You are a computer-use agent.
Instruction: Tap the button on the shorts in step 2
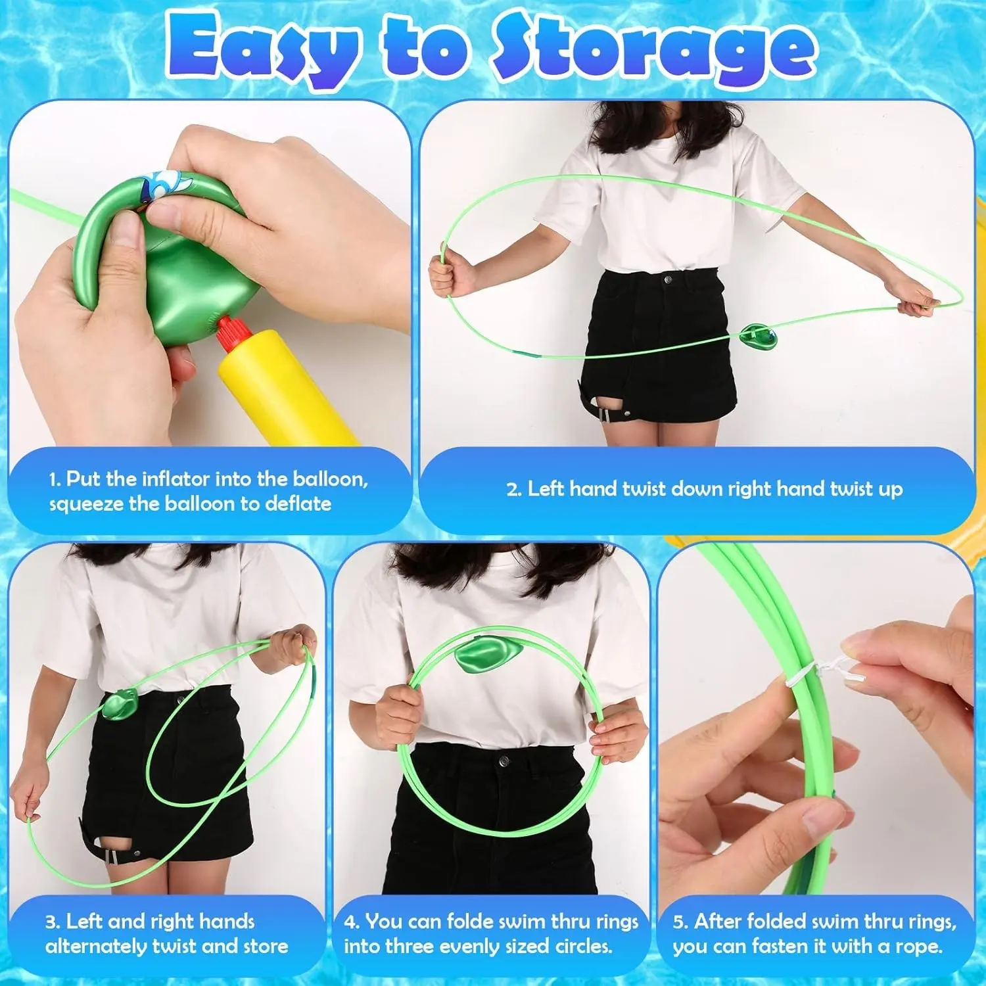click(x=669, y=279)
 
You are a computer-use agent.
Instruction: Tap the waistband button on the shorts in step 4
click(x=505, y=762)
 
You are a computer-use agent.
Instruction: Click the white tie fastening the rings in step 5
click(x=822, y=672)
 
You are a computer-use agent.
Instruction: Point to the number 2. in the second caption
click(x=514, y=489)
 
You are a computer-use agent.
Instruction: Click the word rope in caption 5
click(x=917, y=947)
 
